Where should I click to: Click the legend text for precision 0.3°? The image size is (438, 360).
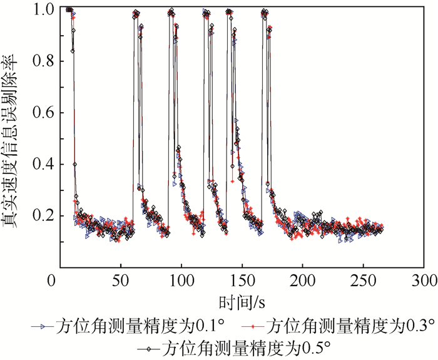350,326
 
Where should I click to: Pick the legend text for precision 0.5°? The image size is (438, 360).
245,347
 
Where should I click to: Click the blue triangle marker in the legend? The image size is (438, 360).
43,327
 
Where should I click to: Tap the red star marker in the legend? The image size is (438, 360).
251,327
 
